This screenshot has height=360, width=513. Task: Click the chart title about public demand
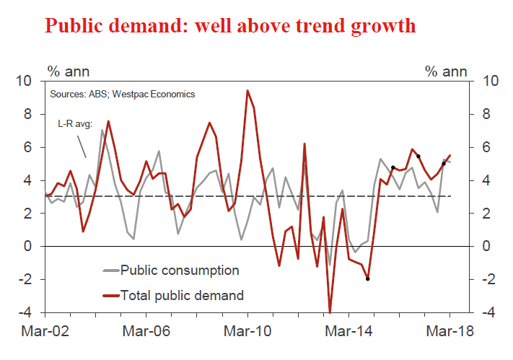pyautogui.click(x=230, y=26)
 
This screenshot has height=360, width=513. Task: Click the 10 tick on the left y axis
pyautogui.click(x=31, y=81)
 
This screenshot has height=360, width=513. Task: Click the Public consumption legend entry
pyautogui.click(x=180, y=271)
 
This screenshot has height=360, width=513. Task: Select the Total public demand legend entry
pyautogui.click(x=183, y=294)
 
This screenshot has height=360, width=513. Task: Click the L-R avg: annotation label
pyautogui.click(x=75, y=123)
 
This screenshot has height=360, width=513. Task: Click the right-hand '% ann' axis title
pyautogui.click(x=445, y=71)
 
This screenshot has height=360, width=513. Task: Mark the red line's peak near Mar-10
pyautogui.click(x=247, y=90)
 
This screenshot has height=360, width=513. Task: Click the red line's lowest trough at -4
pyautogui.click(x=330, y=312)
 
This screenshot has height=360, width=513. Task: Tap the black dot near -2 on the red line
pyautogui.click(x=368, y=278)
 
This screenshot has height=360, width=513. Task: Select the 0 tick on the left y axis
pyautogui.click(x=35, y=246)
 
